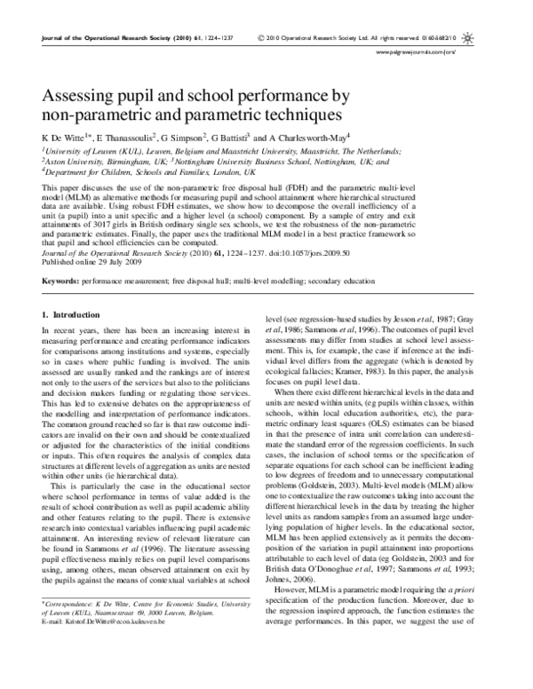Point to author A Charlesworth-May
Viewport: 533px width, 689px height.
coord(304,139)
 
